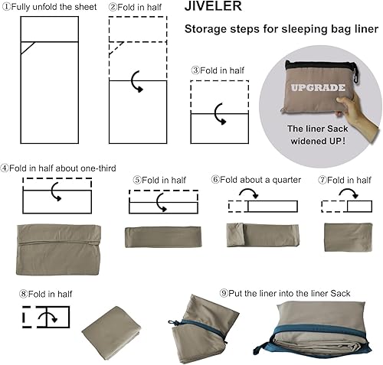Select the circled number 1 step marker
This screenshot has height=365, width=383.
coord(5,7)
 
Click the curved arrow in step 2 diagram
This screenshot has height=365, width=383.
coord(137,81)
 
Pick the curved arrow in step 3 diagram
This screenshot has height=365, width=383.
coord(221,116)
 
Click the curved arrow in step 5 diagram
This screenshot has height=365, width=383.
coord(162,202)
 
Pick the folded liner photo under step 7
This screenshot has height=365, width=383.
coord(348,236)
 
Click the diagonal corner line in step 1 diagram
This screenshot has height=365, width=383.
coord(27,47)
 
